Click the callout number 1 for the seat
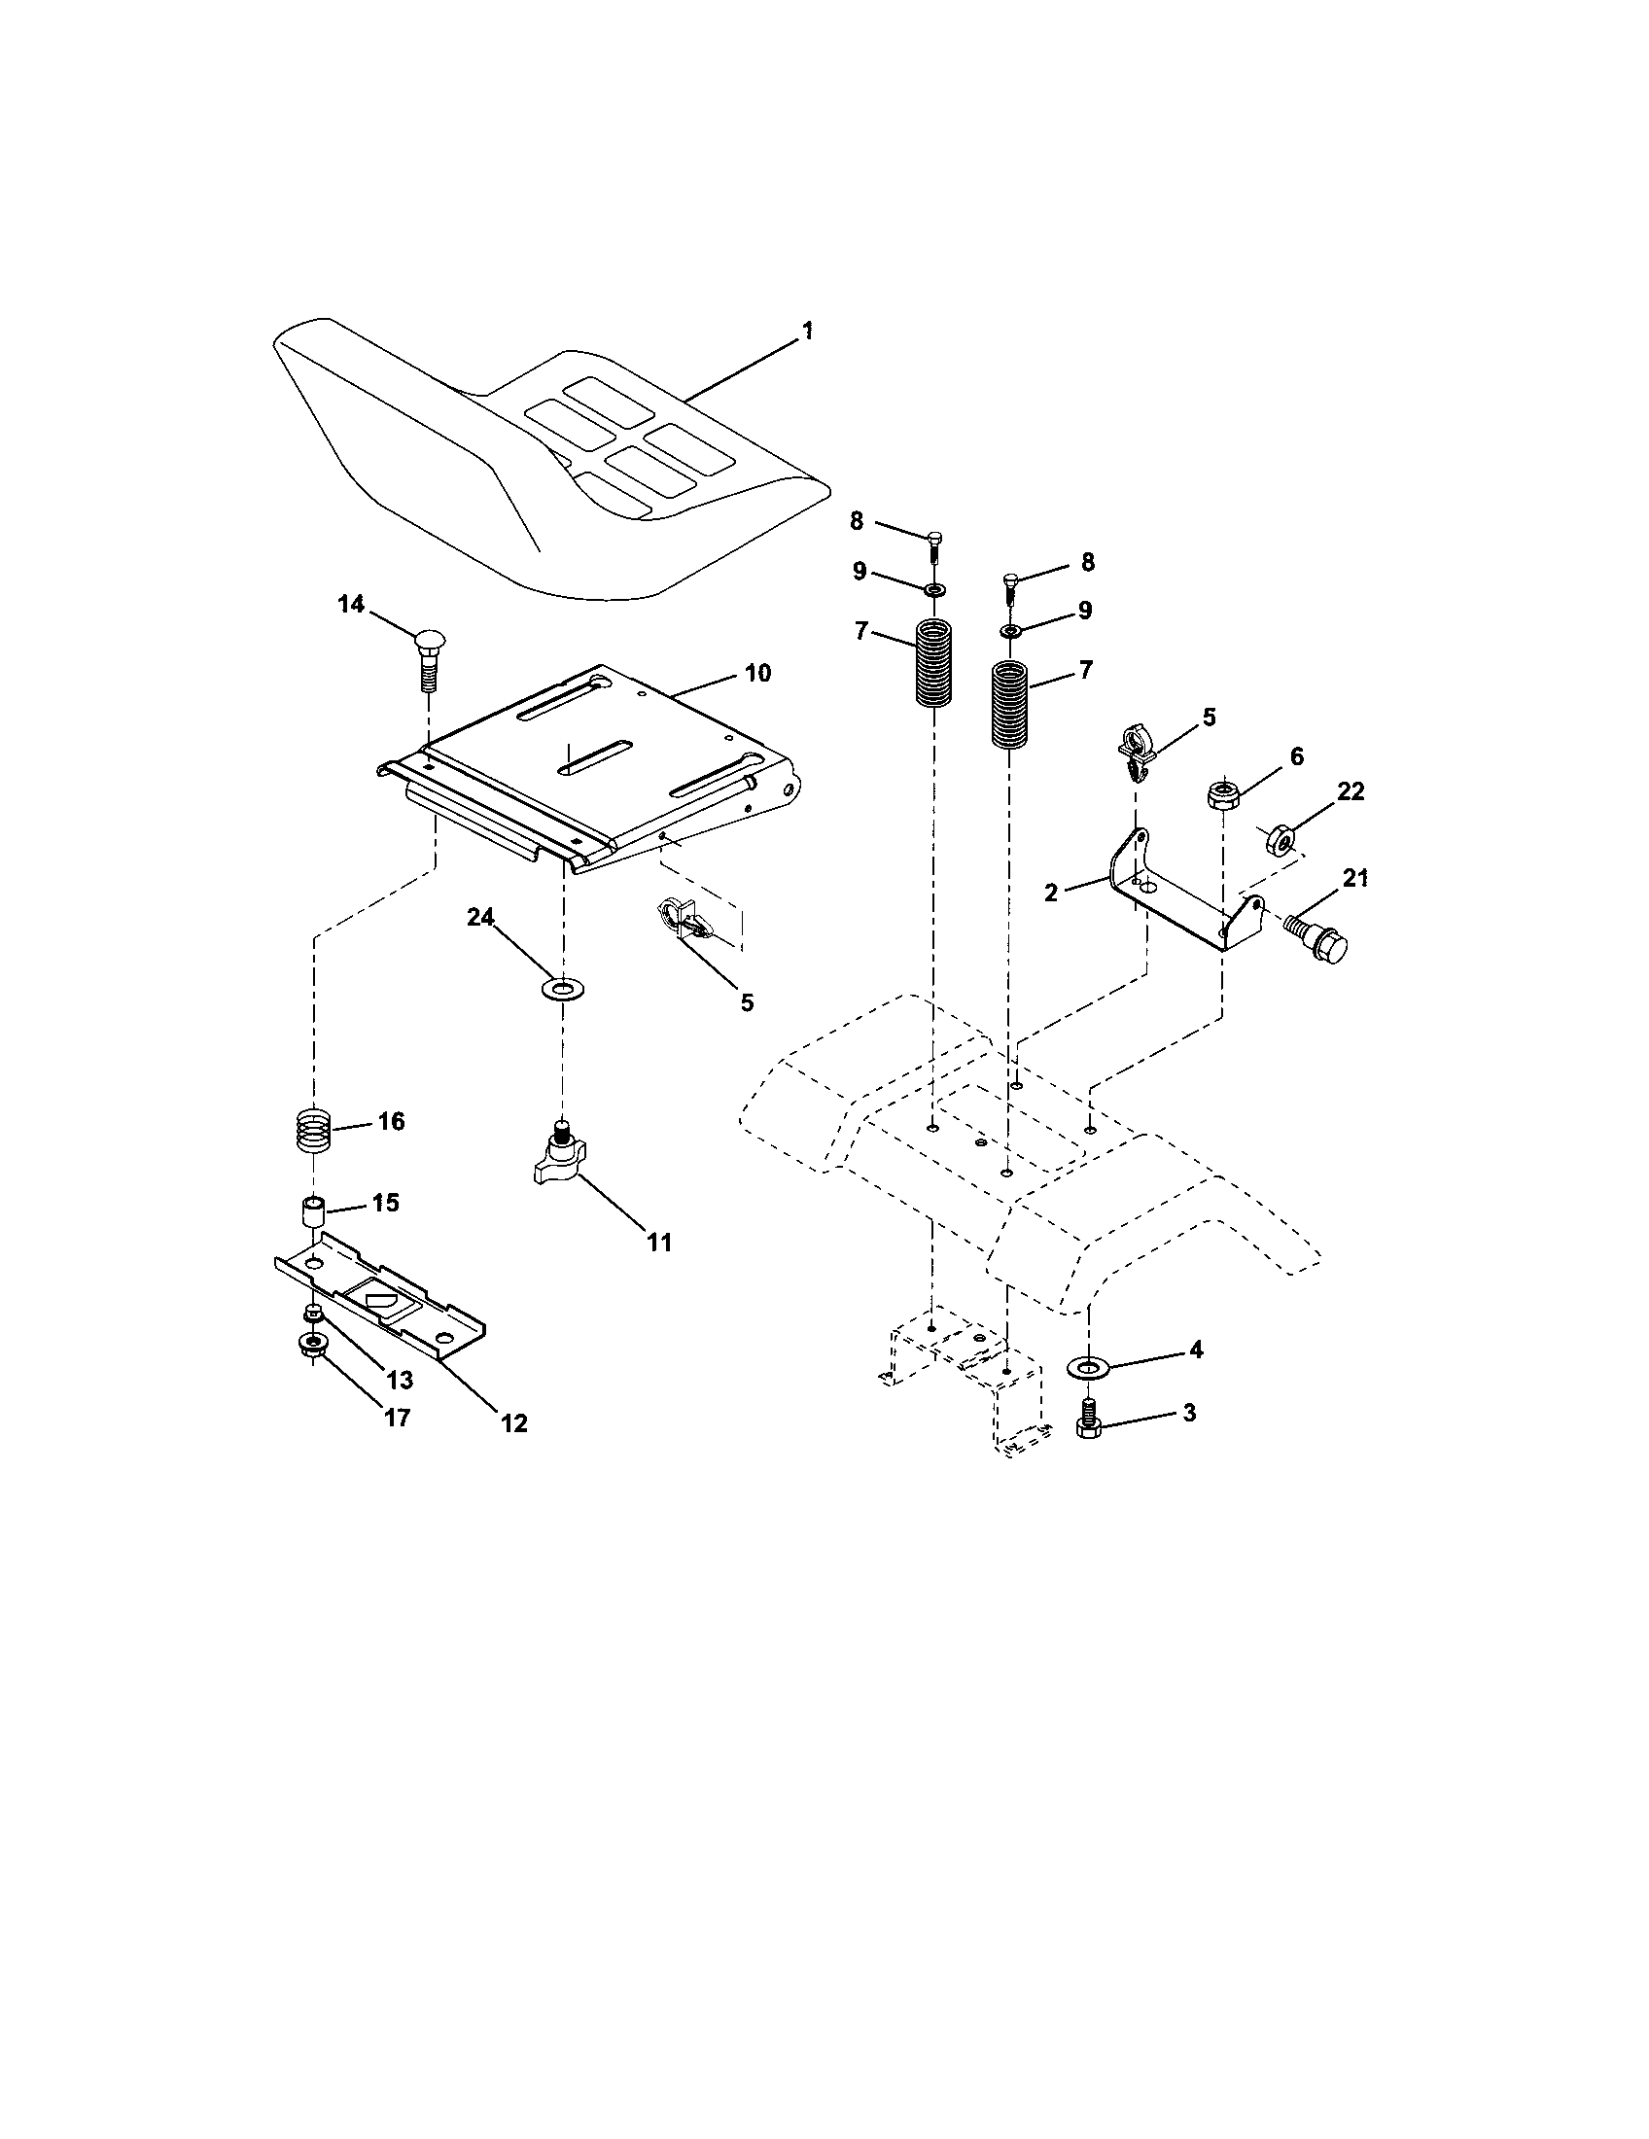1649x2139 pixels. pyautogui.click(x=806, y=332)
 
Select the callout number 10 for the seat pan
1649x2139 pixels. pyautogui.click(x=757, y=673)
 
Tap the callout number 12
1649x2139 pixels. pyautogui.click(x=513, y=1423)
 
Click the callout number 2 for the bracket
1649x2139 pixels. pyautogui.click(x=1051, y=893)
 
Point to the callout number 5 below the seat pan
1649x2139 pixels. pyautogui.click(x=746, y=1003)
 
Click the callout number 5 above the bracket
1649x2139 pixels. pyautogui.click(x=1209, y=717)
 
